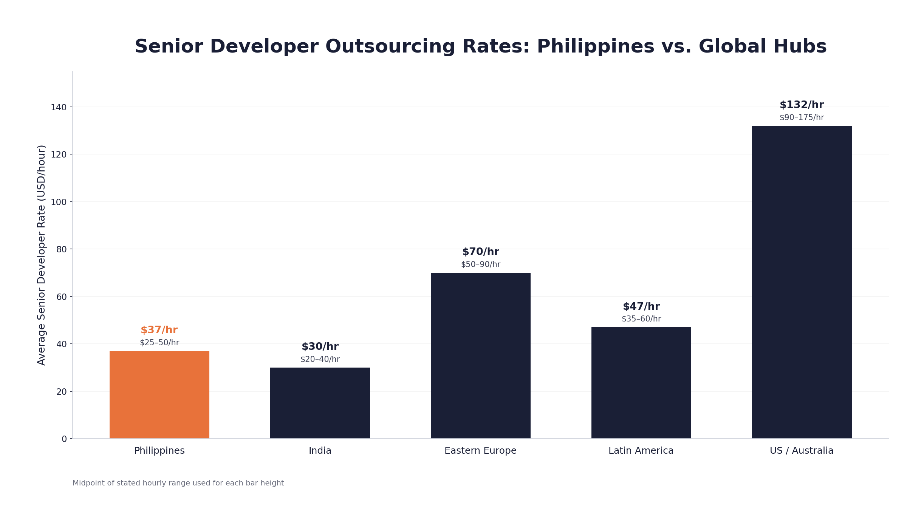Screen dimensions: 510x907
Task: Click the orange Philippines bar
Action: click(159, 394)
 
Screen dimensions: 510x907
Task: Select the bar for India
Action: click(320, 403)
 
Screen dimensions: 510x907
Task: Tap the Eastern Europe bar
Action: click(480, 355)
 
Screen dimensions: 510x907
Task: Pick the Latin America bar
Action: click(641, 382)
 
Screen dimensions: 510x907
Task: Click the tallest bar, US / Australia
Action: click(802, 282)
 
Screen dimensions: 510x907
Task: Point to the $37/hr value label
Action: click(159, 330)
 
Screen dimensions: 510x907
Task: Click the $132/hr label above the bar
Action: click(802, 105)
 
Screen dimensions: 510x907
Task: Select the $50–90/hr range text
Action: click(480, 264)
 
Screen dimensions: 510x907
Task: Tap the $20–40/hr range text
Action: click(320, 359)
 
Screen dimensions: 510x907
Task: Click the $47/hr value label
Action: click(641, 306)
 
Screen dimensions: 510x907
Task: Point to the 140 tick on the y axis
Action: click(59, 107)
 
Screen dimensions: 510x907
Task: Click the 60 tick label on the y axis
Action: click(61, 297)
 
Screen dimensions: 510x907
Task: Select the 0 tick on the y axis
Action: click(64, 439)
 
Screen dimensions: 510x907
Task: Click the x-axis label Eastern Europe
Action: click(480, 451)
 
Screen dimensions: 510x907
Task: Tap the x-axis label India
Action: click(320, 451)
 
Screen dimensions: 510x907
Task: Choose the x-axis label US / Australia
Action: click(802, 451)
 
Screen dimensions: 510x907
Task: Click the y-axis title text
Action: click(42, 255)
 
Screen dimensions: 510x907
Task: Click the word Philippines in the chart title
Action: click(595, 47)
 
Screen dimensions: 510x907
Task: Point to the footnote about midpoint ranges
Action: click(178, 483)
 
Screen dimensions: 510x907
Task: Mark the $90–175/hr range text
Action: click(802, 117)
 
